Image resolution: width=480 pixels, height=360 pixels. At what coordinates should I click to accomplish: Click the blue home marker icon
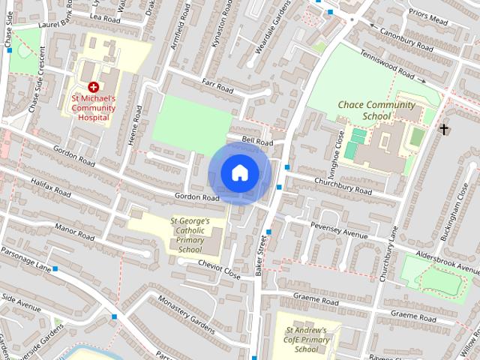click(239, 173)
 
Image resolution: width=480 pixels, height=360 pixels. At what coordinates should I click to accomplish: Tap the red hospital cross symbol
click(93, 88)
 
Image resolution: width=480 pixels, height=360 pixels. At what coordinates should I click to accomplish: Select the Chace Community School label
click(376, 111)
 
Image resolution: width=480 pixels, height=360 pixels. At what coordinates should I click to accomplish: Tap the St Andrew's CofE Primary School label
click(306, 340)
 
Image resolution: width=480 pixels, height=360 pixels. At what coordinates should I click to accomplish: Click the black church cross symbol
click(444, 130)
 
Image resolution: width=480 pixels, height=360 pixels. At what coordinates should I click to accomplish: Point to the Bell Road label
click(257, 141)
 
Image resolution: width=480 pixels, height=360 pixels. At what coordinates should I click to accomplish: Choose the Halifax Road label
click(52, 187)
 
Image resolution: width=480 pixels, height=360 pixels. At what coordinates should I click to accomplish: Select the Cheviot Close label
click(219, 270)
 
